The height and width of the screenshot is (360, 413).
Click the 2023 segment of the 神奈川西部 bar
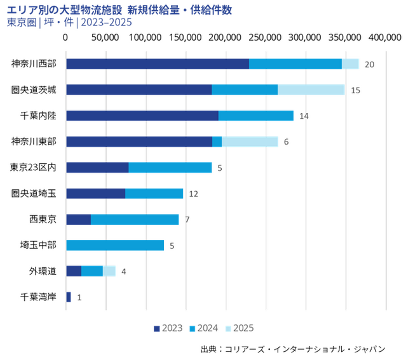157,63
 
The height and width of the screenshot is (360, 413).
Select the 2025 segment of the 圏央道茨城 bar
311,90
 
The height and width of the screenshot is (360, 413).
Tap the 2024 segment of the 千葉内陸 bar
255,116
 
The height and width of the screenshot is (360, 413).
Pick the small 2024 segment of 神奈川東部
217,142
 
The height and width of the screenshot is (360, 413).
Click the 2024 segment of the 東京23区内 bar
170,168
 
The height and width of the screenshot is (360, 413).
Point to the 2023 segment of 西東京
78,219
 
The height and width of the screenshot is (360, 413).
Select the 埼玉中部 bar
115,245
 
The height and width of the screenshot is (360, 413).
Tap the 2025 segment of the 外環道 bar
109,271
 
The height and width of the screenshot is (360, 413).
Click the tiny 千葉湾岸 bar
69,297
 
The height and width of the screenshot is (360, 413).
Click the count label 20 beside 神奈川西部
369,64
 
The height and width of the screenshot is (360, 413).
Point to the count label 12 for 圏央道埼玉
194,194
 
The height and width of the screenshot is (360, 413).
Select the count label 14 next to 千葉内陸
304,116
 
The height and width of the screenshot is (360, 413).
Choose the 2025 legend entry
240,328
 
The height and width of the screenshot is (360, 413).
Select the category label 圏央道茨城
34,90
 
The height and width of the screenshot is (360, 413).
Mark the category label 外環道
43,271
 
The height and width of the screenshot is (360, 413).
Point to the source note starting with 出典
293,349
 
